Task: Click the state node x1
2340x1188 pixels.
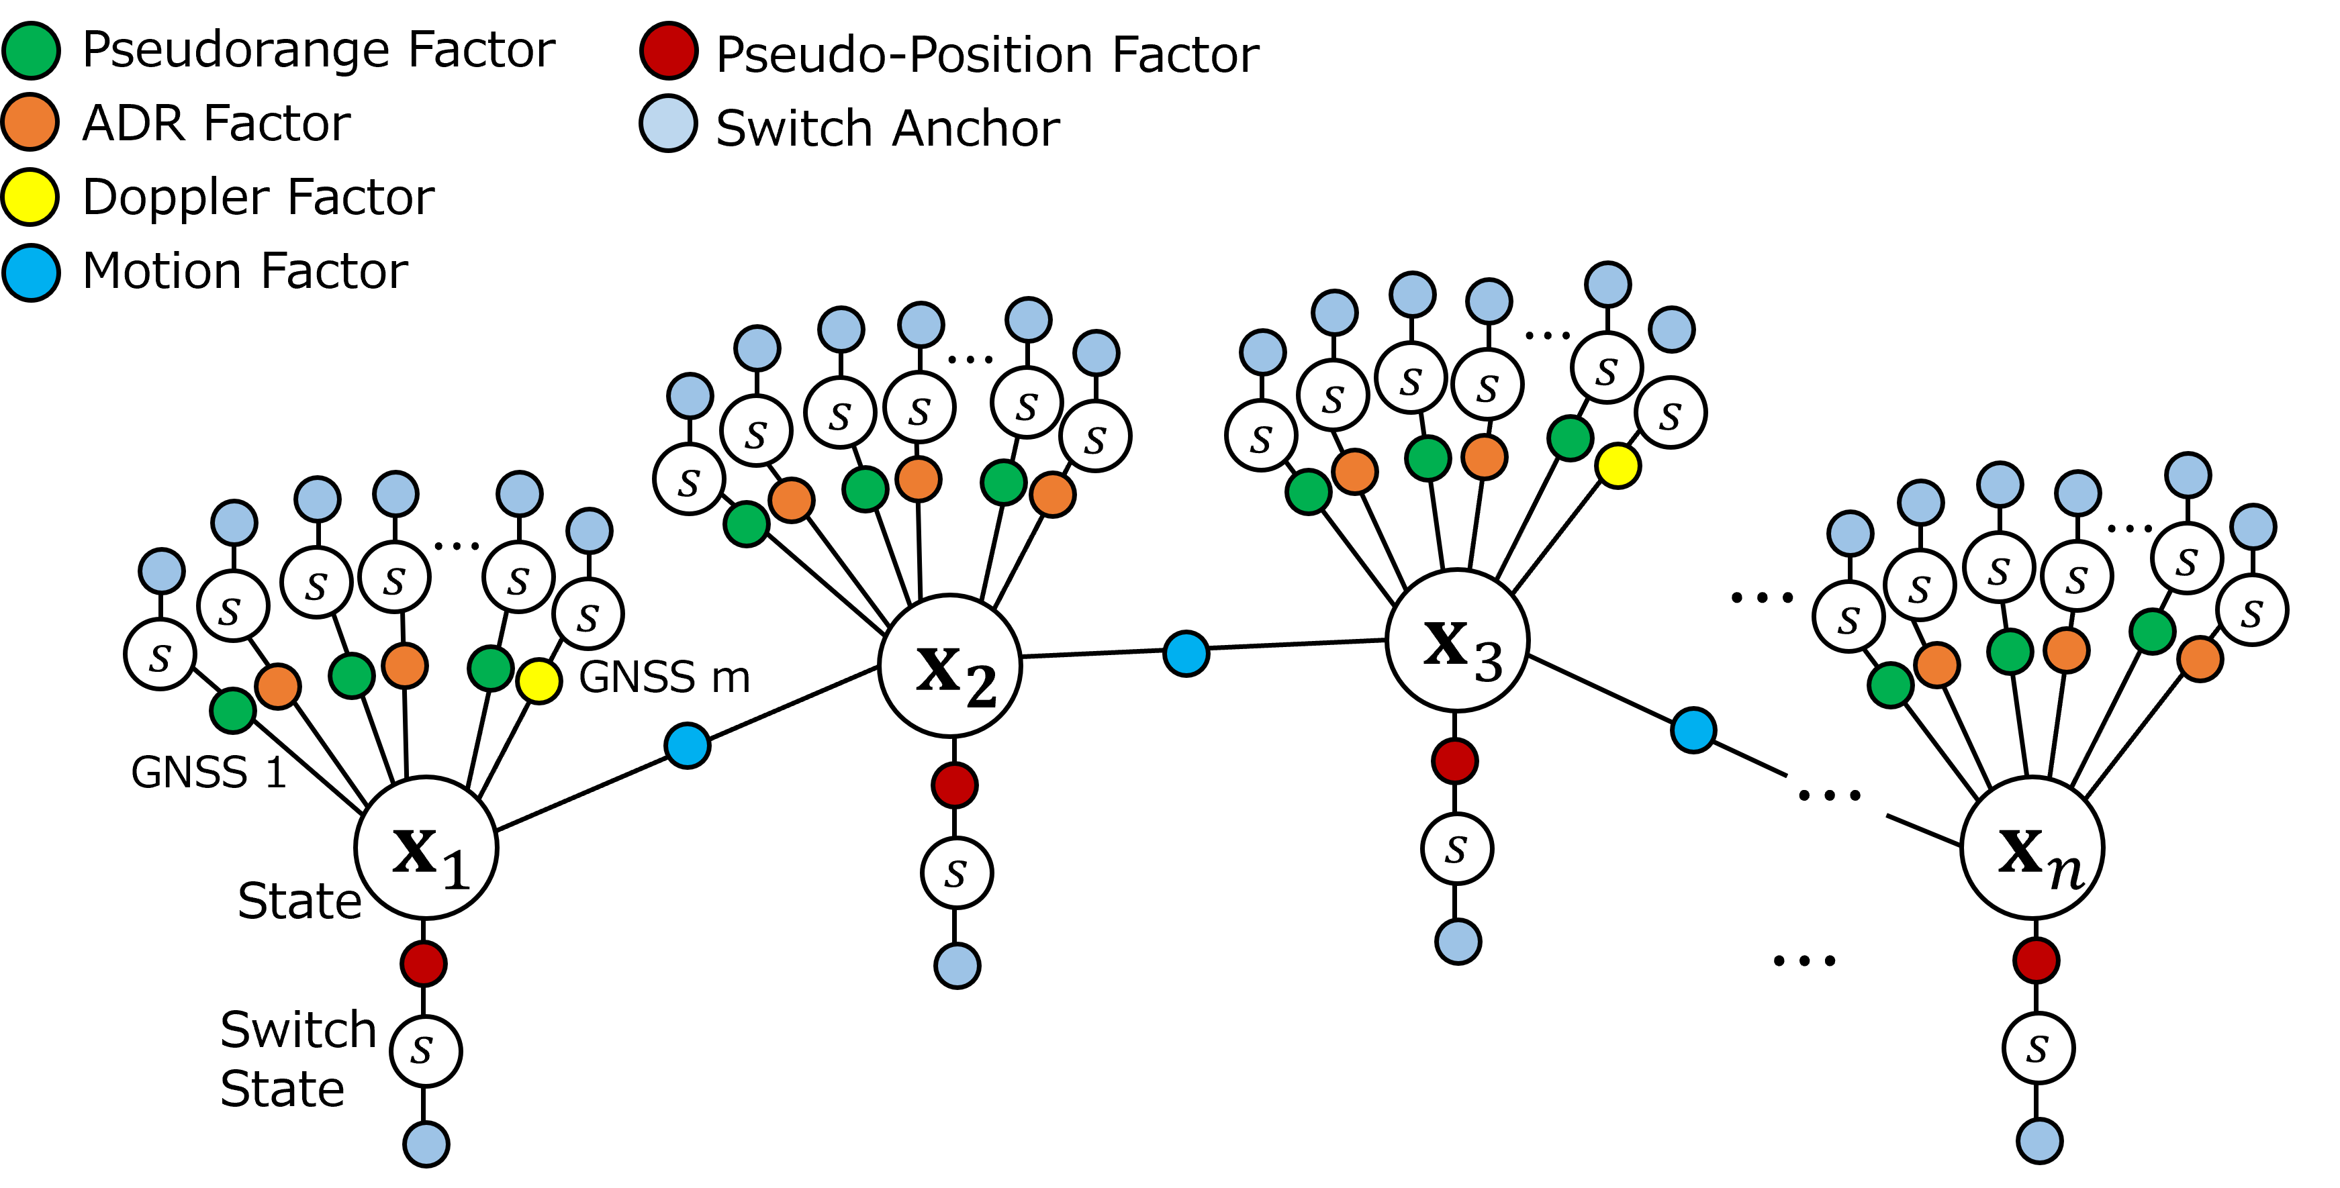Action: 426,848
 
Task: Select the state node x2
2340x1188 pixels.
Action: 950,666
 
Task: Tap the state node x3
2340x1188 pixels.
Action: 1458,641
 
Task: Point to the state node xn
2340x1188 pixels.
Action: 2034,848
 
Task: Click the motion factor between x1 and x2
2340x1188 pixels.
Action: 688,746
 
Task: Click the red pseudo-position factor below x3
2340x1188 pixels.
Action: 1454,761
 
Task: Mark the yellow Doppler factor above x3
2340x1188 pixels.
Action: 1618,466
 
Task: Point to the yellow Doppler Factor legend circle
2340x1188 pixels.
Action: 31,196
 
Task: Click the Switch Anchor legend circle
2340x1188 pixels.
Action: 669,123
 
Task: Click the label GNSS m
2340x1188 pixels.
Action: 665,677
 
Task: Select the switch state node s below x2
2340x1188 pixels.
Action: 957,873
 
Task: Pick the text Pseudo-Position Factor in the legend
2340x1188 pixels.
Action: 988,54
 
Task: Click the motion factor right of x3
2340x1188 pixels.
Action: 1693,730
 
